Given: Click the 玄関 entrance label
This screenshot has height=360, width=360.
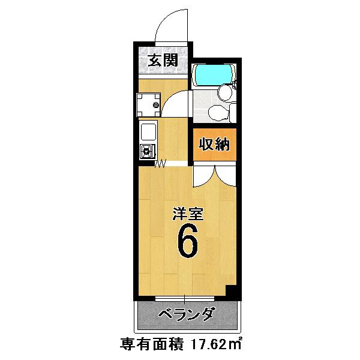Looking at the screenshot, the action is coord(163,61).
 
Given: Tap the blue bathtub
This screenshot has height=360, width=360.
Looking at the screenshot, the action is coord(214,74).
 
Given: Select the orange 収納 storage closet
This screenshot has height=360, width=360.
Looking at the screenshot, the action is coord(214,145).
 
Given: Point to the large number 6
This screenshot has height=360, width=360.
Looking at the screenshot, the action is coord(187,241).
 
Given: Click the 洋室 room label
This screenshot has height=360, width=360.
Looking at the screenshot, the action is coord(188,214).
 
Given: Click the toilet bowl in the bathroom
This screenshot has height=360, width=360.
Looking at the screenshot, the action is coord(218,112).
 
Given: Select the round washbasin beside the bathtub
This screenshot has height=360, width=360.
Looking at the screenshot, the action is coord(226,92).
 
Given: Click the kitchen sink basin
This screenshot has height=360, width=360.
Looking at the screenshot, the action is coord(149,132).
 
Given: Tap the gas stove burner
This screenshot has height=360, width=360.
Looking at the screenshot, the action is coord(147,151).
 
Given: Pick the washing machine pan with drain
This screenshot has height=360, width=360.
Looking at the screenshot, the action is coord(148,104).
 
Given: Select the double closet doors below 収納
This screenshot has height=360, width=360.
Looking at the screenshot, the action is coord(214,177).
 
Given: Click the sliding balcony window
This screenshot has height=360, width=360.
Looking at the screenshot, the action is coord(185,299).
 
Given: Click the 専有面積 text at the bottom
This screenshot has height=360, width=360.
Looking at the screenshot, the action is coord(152,344).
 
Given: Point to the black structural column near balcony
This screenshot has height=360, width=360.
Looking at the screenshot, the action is coord(231,291).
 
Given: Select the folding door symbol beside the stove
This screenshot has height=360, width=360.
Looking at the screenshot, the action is coord(160,163).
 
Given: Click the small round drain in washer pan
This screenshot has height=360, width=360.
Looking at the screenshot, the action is coord(155,105).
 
